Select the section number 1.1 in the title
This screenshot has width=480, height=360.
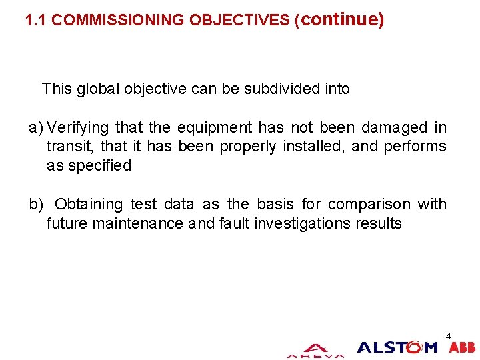click(x=36, y=21)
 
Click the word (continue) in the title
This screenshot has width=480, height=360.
click(x=339, y=20)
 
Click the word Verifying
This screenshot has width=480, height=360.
click(x=79, y=127)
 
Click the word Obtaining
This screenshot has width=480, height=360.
click(x=89, y=205)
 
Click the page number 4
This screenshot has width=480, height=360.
click(x=448, y=335)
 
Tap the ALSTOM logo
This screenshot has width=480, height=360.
click(x=397, y=347)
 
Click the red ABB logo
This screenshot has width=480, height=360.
click(x=462, y=347)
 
